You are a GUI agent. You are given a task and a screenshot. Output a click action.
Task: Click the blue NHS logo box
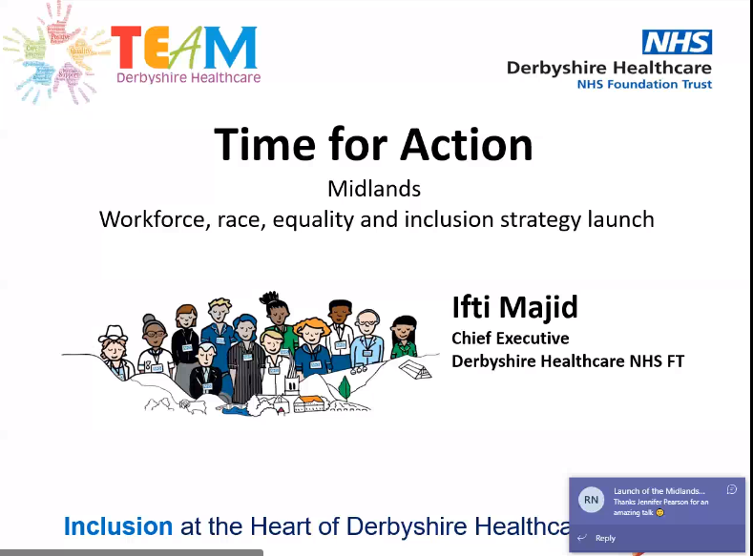[x=677, y=42]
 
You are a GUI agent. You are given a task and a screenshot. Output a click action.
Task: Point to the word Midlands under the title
[x=374, y=189]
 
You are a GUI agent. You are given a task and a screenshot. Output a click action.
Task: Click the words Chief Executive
[x=511, y=339]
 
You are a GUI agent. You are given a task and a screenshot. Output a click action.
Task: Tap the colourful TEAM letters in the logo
[x=183, y=46]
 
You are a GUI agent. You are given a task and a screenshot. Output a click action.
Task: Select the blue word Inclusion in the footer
[x=118, y=526]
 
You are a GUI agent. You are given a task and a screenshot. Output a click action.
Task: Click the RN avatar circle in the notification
[x=592, y=500]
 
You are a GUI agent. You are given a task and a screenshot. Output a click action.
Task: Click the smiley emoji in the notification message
[x=659, y=513]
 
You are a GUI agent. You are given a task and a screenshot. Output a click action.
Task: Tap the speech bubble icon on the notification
[x=731, y=489]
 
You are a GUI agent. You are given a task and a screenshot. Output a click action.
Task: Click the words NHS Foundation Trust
[x=644, y=84]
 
